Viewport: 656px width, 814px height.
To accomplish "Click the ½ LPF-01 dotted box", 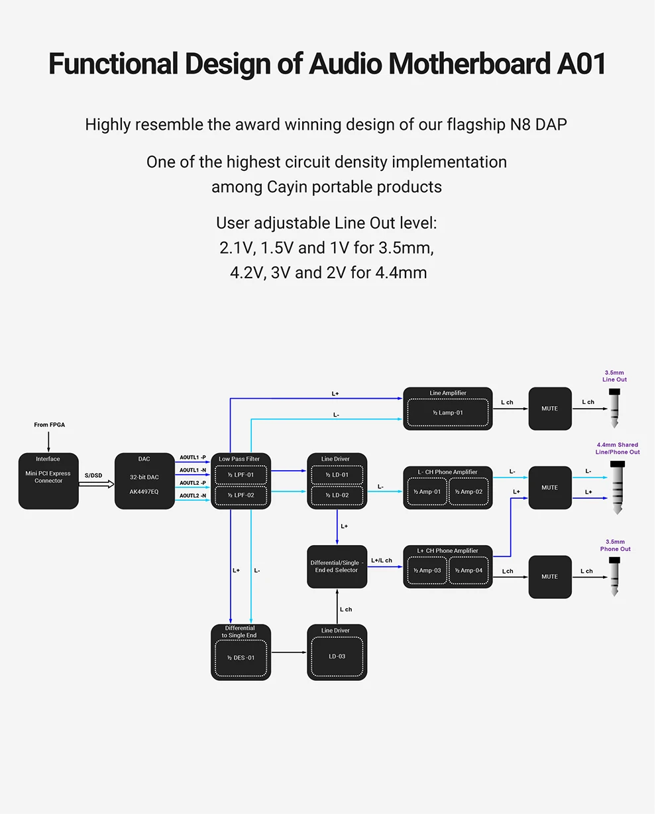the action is coord(241,475).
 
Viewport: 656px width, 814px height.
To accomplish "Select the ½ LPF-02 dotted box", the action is coord(241,495).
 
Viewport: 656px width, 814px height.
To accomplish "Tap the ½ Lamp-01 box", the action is coord(448,413).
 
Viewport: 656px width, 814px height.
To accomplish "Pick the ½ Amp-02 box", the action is coord(468,491).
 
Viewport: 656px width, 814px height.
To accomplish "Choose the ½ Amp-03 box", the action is coord(427,570).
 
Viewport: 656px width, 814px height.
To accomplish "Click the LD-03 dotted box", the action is coord(337,656).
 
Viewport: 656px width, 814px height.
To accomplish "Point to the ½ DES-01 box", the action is coord(241,658).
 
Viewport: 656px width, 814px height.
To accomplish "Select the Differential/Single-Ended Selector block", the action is coord(337,567).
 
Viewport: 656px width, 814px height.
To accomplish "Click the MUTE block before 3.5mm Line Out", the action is coord(550,409).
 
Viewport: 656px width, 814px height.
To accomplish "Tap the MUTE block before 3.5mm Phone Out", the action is coord(550,577).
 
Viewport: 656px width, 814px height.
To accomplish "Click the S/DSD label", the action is coord(93,476).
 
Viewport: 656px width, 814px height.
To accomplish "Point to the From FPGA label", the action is coord(49,425).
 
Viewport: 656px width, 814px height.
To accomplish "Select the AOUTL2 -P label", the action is coord(193,483).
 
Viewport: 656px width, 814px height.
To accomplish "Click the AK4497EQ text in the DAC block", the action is coord(144,491).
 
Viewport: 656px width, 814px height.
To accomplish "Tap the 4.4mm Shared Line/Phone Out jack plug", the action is coord(618,487).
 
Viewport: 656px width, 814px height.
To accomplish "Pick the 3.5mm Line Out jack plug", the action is coord(614,408).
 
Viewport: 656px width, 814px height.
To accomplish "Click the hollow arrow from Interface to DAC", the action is coord(96,483).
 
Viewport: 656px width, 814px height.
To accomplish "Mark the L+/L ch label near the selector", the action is coord(382,560).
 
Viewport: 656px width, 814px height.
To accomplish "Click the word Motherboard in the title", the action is coord(469,64).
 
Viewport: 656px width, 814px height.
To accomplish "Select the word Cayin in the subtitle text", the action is coord(287,187).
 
